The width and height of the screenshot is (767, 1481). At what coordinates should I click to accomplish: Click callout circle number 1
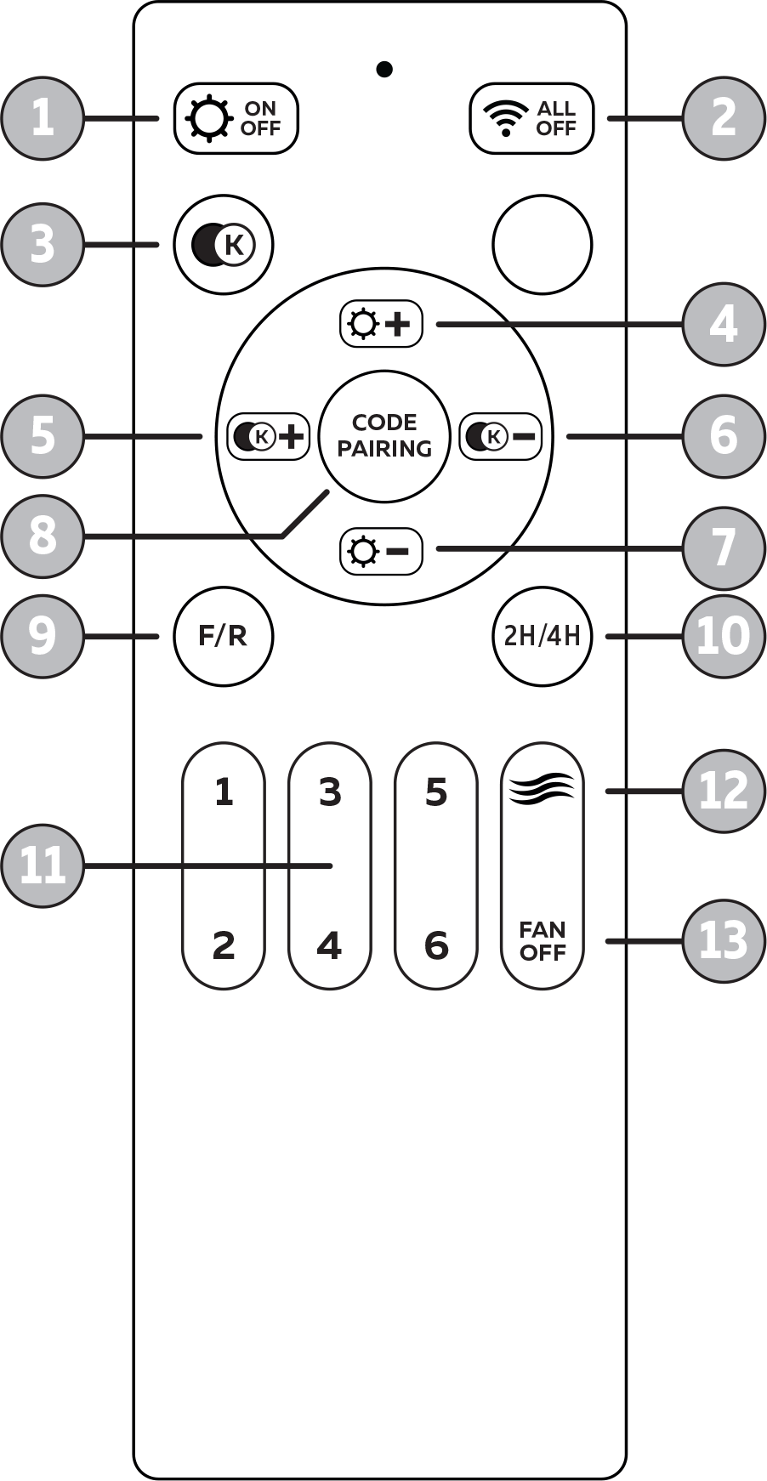[x=43, y=118]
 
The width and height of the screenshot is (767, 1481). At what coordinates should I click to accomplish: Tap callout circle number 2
[x=723, y=118]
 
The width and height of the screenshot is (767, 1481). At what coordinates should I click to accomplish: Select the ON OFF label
[x=260, y=118]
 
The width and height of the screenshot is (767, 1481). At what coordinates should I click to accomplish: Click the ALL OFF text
[x=556, y=118]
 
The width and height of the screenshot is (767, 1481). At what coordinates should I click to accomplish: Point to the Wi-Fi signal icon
[x=506, y=118]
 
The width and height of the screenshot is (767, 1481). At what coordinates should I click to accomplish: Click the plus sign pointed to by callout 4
[x=397, y=324]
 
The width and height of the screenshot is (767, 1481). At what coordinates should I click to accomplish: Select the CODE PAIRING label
[x=384, y=435]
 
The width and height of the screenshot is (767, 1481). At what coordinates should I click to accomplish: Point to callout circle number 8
[x=43, y=536]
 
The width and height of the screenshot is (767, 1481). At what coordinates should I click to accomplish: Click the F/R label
[x=223, y=636]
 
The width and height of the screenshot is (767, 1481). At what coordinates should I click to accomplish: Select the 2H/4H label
[x=542, y=636]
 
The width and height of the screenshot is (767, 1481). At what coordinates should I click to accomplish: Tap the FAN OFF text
[x=543, y=941]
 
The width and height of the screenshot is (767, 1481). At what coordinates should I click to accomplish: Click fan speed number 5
[x=436, y=792]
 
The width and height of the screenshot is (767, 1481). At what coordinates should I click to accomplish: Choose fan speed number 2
[x=224, y=945]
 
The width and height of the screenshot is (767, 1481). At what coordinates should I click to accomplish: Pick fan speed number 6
[x=436, y=945]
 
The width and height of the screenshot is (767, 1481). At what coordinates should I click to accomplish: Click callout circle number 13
[x=723, y=941]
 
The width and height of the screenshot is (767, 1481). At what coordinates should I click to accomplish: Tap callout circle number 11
[x=43, y=866]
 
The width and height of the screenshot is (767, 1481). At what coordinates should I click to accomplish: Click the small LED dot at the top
[x=384, y=69]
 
